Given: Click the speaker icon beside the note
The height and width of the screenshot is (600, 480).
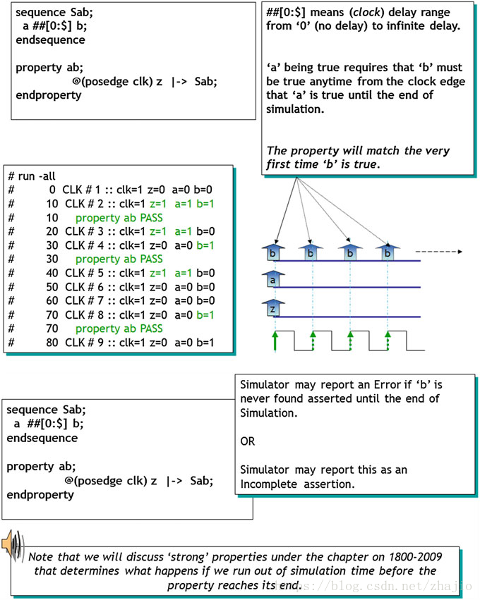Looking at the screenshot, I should [x=14, y=544].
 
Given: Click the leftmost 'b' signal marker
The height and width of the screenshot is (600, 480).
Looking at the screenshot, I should [x=273, y=252].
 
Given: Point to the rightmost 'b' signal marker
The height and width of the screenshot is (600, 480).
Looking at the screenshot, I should [x=386, y=252].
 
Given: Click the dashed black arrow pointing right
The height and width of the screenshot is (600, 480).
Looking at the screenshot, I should [x=438, y=251].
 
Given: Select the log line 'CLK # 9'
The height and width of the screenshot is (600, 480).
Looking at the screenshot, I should [x=120, y=343].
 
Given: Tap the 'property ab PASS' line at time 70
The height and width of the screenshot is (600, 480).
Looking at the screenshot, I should [x=119, y=329].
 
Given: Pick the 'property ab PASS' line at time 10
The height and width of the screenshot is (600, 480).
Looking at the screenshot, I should [x=119, y=218].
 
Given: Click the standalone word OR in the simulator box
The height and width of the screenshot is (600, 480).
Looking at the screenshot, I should [x=248, y=441].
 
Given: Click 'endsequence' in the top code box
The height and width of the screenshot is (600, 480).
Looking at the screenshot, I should [x=47, y=39].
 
